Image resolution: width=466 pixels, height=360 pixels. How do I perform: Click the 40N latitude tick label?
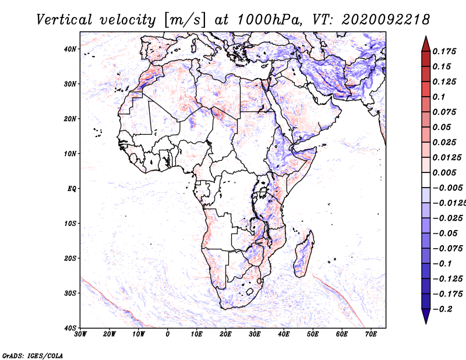tap(70, 49)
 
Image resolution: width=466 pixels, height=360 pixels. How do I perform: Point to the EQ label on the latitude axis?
tap(72, 189)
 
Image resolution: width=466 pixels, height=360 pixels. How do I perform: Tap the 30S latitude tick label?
tap(70, 294)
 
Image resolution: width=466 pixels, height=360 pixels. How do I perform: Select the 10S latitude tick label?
tap(70, 224)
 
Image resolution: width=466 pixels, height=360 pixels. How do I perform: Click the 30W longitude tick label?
tap(80, 334)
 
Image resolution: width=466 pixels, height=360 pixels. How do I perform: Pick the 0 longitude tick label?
tap(168, 334)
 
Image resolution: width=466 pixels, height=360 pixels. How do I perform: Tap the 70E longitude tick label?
tap(371, 334)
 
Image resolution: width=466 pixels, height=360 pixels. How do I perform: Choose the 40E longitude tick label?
tap(284, 334)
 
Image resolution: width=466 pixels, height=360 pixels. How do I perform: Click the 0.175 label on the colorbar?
tap(444, 52)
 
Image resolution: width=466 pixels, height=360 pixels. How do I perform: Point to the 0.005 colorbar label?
tap(444, 172)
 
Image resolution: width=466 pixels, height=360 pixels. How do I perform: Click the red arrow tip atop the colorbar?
tap(426, 37)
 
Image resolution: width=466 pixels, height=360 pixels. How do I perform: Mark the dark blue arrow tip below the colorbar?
tap(426, 323)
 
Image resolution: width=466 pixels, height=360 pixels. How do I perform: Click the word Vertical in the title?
tap(64, 20)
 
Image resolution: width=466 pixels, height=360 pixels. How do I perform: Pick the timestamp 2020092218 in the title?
tap(386, 20)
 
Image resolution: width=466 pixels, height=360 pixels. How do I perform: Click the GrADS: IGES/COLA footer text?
tap(33, 355)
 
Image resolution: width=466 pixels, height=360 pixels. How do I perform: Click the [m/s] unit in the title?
tap(184, 20)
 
